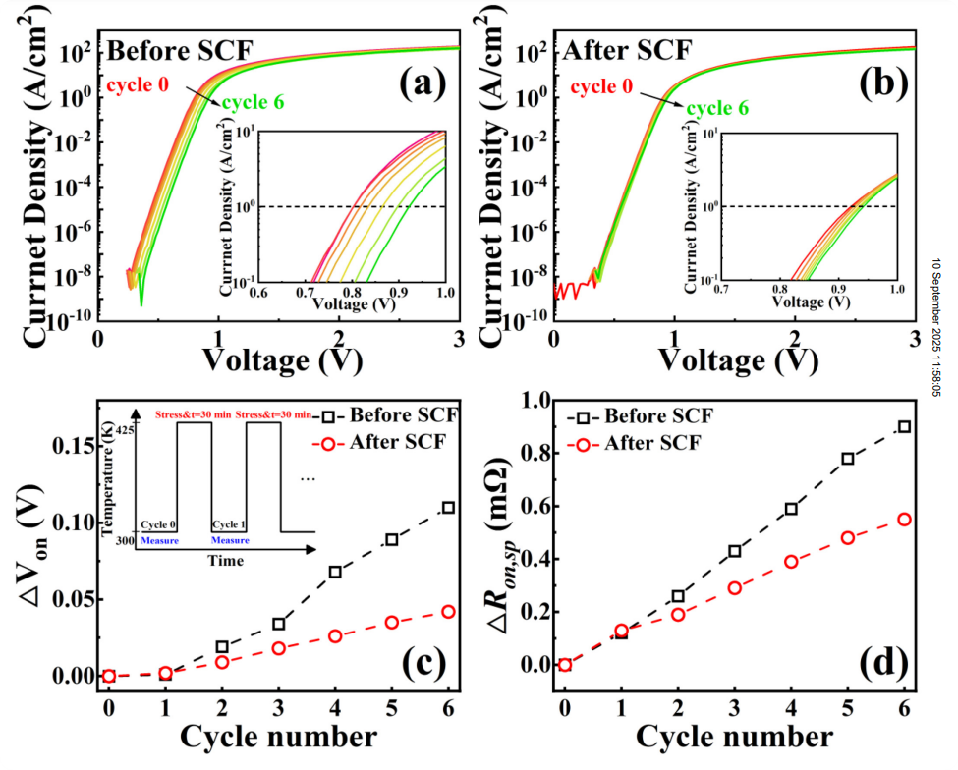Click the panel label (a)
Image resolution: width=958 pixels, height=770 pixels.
423,85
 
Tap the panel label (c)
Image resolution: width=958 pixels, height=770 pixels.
423,662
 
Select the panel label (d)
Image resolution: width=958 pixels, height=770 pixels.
876,662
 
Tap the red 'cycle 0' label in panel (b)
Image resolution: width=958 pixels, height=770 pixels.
604,86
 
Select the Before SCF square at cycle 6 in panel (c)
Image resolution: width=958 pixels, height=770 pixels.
448,507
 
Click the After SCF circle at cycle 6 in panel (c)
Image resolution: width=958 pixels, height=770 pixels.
448,611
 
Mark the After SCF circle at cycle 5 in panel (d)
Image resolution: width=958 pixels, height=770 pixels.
848,538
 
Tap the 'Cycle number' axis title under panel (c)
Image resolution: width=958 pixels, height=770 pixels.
277,735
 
